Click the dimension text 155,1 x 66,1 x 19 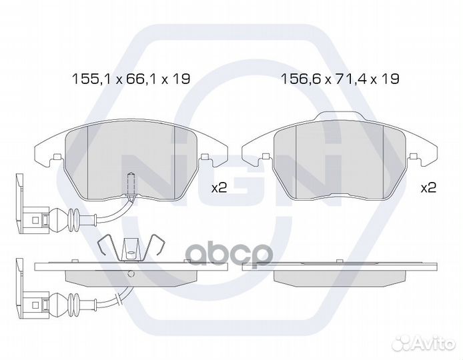click(x=131, y=79)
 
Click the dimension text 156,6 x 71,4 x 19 click(x=340, y=79)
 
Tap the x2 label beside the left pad click(x=219, y=188)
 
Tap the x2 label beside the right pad click(x=428, y=188)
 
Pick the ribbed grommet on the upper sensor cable click(x=73, y=220)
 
